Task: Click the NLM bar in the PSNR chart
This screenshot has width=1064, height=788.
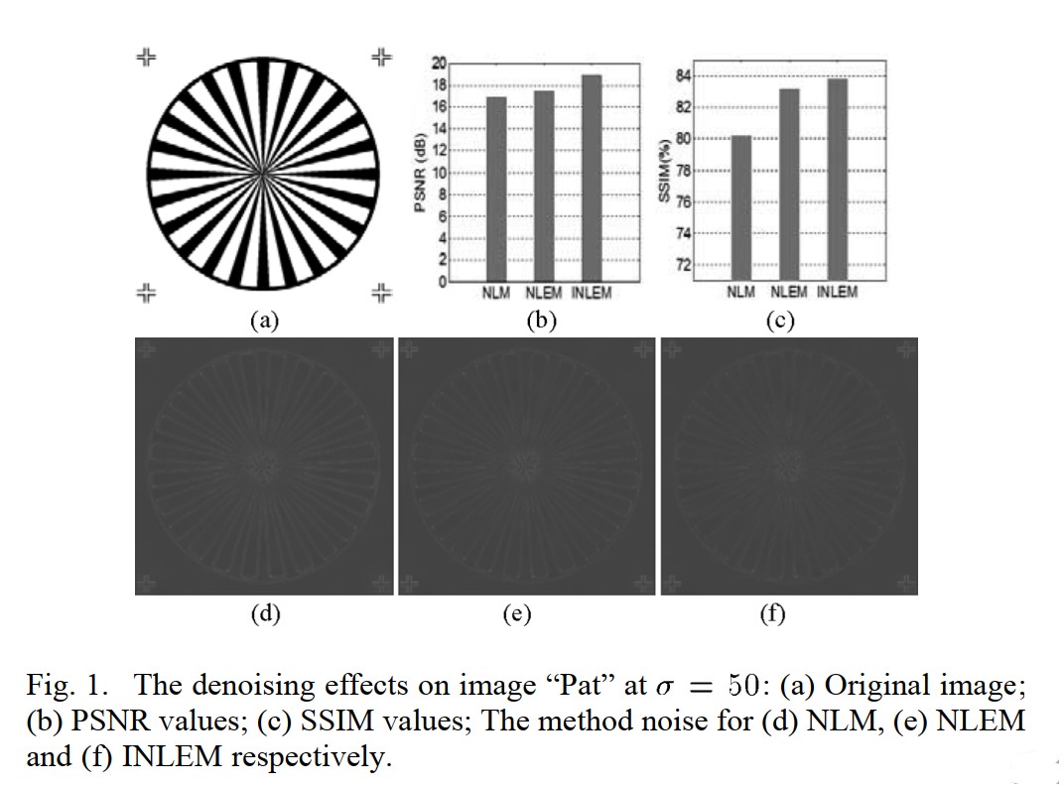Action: [496, 189]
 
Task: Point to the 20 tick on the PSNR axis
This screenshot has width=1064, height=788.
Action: [438, 64]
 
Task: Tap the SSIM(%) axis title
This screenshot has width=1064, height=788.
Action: [664, 173]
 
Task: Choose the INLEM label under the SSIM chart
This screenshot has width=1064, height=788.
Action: [837, 293]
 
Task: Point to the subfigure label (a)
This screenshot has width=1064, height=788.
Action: [263, 320]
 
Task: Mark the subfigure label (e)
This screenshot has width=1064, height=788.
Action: [515, 614]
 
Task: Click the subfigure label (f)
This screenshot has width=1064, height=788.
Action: [771, 614]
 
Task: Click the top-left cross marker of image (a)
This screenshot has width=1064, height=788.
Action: [146, 57]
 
